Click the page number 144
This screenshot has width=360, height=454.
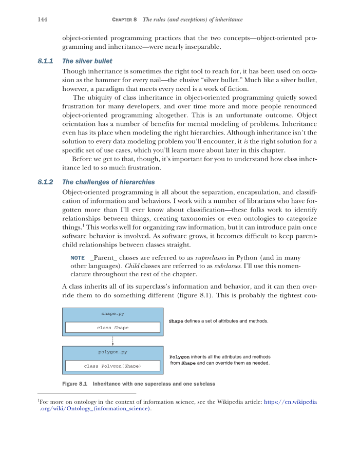click(43, 20)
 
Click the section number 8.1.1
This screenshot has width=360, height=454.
click(46, 61)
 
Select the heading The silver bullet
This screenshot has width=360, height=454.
click(87, 61)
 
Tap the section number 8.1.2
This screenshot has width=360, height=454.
click(46, 182)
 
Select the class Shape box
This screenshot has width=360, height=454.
click(112, 327)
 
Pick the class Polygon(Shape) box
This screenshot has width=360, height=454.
click(112, 366)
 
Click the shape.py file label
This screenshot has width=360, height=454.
click(112, 313)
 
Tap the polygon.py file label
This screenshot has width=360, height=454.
click(112, 352)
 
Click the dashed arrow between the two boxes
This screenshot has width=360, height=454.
click(112, 340)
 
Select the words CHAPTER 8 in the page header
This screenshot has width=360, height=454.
click(124, 20)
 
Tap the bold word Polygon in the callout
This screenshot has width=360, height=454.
click(179, 357)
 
